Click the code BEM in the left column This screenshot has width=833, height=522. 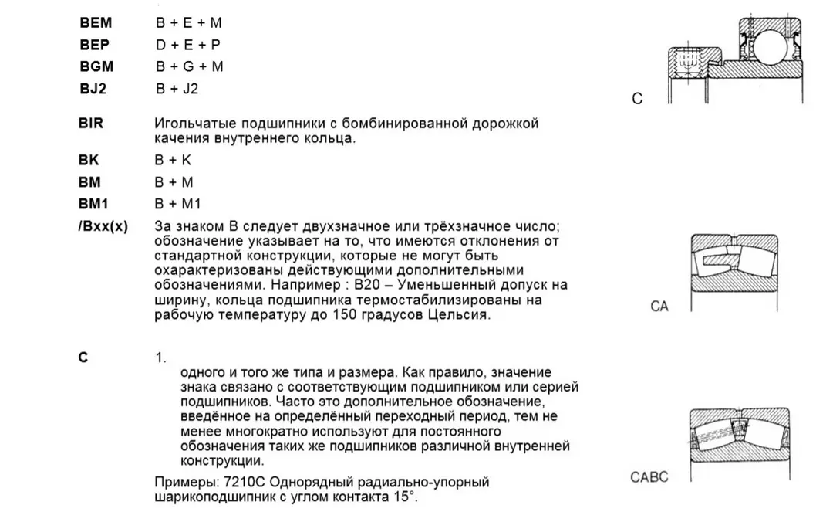pos(96,23)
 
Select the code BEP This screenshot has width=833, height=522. pos(95,45)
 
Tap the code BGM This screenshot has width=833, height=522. pos(96,66)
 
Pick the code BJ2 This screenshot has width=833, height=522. pos(93,88)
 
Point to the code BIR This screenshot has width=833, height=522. pos(91,123)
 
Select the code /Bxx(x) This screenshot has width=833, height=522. pos(103,226)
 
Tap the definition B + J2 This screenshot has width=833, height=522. pos(177,88)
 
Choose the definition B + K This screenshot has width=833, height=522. pos(174,160)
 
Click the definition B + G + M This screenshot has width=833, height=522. pos(190,66)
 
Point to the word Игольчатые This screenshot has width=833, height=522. pos(188,123)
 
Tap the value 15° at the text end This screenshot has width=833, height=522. pos(403,497)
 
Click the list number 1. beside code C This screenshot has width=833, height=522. pos(160,358)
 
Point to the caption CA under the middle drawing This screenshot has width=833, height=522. pos(659,307)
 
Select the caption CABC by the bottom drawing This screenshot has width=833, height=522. pos(649,477)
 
